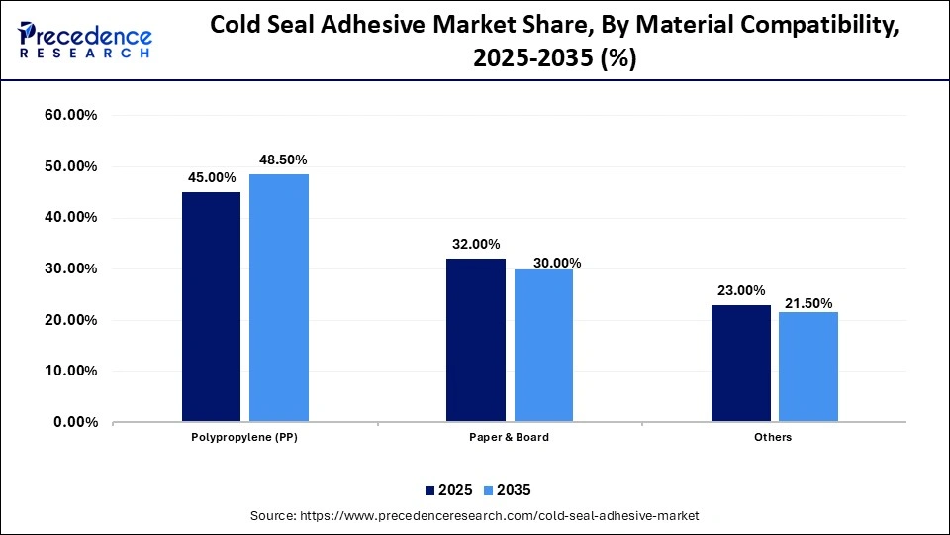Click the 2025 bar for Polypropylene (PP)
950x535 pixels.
coord(211,307)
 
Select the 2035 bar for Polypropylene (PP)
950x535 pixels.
coord(279,298)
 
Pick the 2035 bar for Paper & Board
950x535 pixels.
coord(543,346)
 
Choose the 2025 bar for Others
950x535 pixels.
coord(740,364)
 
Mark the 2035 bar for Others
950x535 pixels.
coord(808,368)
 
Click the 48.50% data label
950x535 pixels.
coord(283,160)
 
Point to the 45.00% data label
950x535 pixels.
coord(212,177)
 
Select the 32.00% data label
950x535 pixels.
coord(476,244)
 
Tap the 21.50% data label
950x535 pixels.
coord(808,302)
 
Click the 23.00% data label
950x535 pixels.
coord(740,290)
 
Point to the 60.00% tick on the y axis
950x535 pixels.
coord(70,115)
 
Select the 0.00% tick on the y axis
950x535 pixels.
coord(74,422)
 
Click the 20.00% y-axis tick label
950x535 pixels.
coord(70,320)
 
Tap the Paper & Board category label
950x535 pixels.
coord(510,437)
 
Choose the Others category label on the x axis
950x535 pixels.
coord(774,437)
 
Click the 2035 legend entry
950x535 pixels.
coord(506,489)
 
